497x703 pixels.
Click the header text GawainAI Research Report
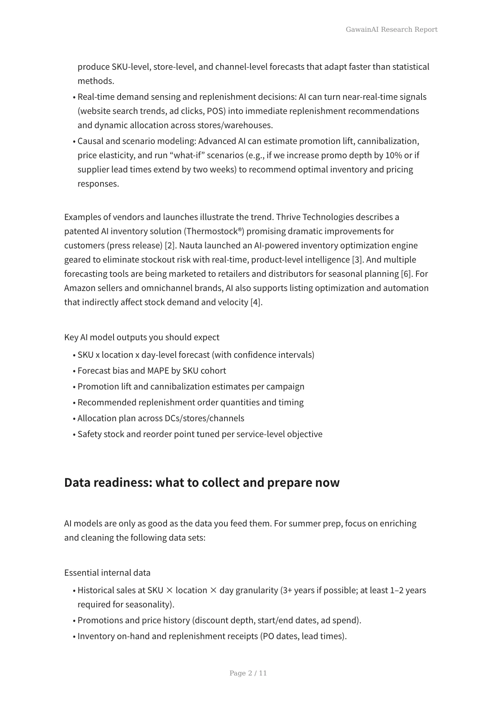[391, 29]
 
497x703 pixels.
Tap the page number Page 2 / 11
[248, 673]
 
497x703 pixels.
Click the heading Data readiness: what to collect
[202, 482]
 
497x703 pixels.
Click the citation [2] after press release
[170, 245]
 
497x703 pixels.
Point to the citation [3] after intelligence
[357, 260]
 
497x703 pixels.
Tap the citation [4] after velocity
[256, 302]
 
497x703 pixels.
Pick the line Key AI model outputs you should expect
[141, 337]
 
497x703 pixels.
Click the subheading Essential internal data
[107, 573]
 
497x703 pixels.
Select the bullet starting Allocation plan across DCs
[161, 418]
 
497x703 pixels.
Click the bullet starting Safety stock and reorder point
[200, 434]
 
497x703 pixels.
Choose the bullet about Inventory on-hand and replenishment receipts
[212, 636]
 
